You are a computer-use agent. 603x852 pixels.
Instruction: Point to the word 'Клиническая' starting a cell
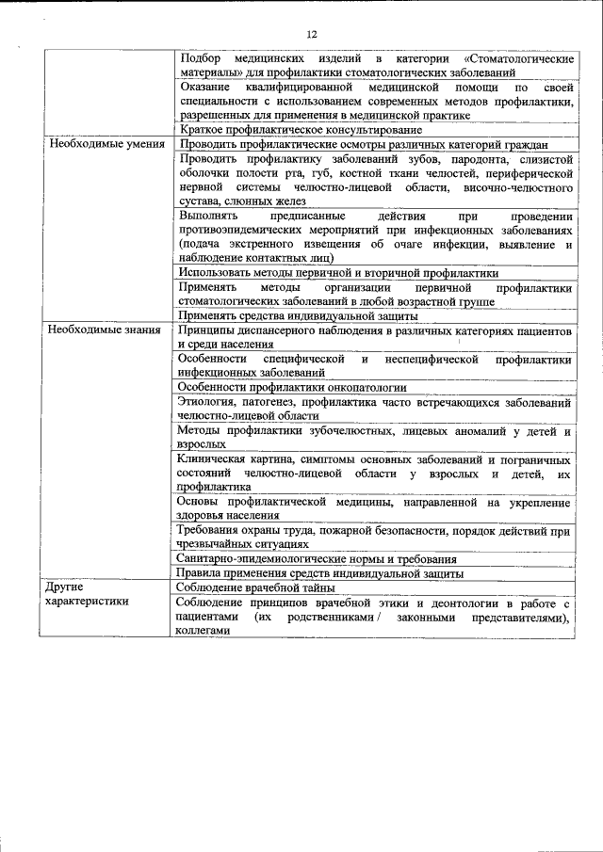pyautogui.click(x=212, y=458)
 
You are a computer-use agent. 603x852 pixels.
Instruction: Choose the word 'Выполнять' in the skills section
pyautogui.click(x=207, y=216)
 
